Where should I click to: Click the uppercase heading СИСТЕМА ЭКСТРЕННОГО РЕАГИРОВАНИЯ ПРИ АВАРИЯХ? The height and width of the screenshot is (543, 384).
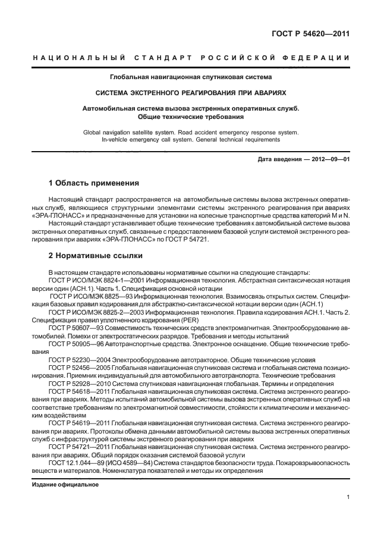191,93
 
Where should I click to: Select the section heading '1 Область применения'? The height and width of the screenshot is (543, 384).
93,183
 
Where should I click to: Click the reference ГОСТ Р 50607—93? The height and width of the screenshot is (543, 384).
77,327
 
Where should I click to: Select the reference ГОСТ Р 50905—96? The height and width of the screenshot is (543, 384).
77,343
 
